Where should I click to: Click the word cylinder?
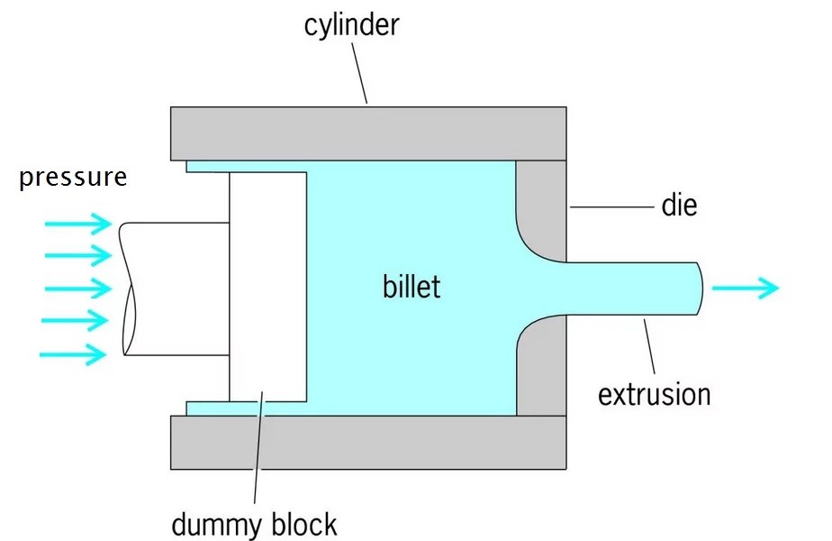pyautogui.click(x=350, y=24)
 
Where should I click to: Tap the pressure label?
pyautogui.click(x=73, y=177)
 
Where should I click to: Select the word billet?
pyautogui.click(x=411, y=288)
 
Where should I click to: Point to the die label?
pyautogui.click(x=679, y=206)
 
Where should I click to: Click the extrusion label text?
pyautogui.click(x=655, y=394)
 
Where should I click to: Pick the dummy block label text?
pyautogui.click(x=254, y=523)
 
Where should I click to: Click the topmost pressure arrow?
pyautogui.click(x=77, y=223)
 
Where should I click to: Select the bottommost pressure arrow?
pyautogui.click(x=73, y=353)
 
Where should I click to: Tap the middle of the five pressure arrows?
pyautogui.click(x=77, y=289)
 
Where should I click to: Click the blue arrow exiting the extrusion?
pyautogui.click(x=746, y=289)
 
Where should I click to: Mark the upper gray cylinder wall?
pyautogui.click(x=368, y=133)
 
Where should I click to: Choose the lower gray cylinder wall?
pyautogui.click(x=368, y=443)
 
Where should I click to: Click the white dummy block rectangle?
pyautogui.click(x=268, y=287)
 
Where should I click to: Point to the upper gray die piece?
pyautogui.click(x=540, y=203)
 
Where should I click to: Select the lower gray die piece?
pyautogui.click(x=540, y=374)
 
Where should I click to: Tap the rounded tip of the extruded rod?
pyautogui.click(x=698, y=289)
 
